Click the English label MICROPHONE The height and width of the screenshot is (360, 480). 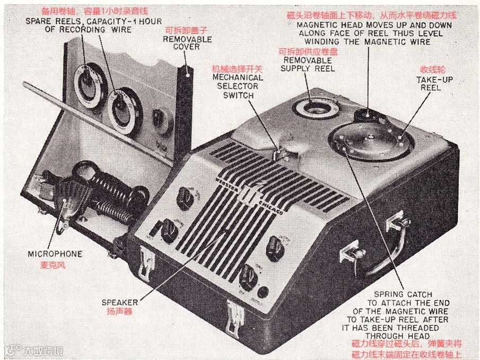pos(55,254)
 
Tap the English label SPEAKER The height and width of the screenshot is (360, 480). pos(120,302)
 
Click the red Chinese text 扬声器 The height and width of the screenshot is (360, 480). pos(120,312)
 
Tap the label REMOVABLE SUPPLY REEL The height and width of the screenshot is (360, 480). pos(308,64)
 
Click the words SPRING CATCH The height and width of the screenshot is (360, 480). pos(403,294)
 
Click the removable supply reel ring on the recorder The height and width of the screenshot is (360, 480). pos(317,109)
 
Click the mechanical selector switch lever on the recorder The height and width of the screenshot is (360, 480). pos(277,154)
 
